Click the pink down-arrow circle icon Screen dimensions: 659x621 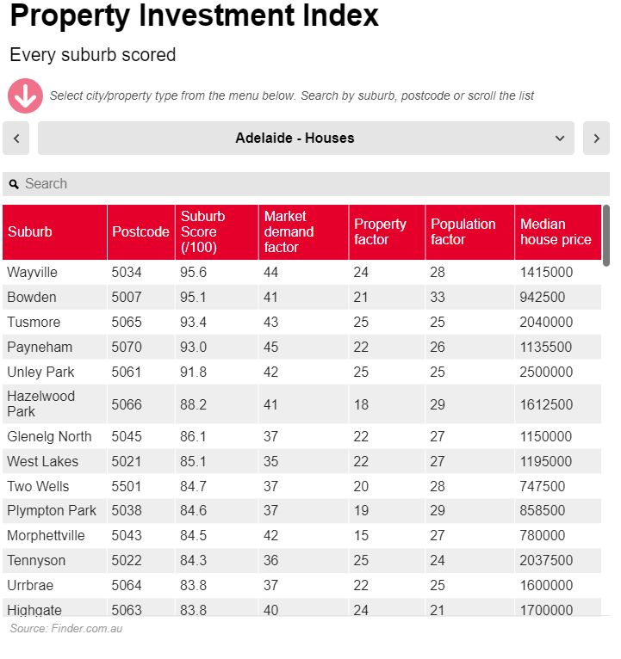click(x=25, y=95)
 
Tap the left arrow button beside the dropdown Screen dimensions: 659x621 click(x=16, y=138)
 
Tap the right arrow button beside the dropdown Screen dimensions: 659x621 click(x=596, y=138)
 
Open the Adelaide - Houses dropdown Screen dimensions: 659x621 click(x=306, y=138)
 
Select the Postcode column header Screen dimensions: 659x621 click(x=140, y=231)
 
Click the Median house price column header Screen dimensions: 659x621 click(x=556, y=231)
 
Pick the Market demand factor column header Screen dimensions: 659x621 click(x=289, y=231)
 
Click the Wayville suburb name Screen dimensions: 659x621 click(x=32, y=272)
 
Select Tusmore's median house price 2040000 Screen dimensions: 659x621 click(x=546, y=322)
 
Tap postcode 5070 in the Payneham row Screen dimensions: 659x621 click(x=127, y=347)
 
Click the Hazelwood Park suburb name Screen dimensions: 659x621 click(x=40, y=403)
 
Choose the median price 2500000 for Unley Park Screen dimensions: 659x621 click(x=546, y=372)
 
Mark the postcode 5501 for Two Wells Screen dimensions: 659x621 click(x=127, y=486)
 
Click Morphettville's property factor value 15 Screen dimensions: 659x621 click(x=362, y=535)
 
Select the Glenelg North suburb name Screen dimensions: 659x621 click(x=49, y=436)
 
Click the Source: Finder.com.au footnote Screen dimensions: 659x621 click(x=66, y=629)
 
